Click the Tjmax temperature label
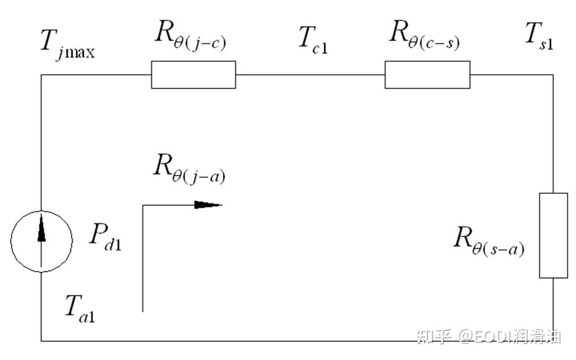coord(67,44)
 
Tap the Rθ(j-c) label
coord(190,35)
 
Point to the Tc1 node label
coord(313,40)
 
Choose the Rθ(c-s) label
coord(424,35)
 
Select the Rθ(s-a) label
coord(489,241)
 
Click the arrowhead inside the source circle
coord(41,228)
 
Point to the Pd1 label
coord(105,236)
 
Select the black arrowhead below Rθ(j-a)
coord(208,205)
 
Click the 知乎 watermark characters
coord(434,336)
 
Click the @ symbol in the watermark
coord(465,337)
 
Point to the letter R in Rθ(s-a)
coord(463,237)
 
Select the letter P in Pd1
coord(99,234)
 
